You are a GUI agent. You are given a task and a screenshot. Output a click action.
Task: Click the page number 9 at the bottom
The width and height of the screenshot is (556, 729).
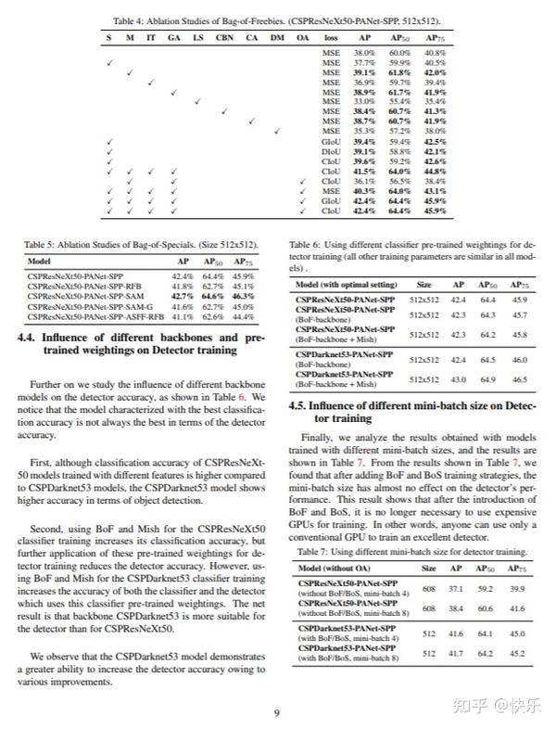[x=276, y=712]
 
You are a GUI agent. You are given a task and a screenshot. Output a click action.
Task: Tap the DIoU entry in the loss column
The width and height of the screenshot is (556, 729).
[x=331, y=151]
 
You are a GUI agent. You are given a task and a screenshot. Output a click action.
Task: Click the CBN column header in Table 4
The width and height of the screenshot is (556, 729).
[x=223, y=37]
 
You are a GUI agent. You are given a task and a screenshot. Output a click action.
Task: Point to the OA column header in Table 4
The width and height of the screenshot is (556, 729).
[x=303, y=37]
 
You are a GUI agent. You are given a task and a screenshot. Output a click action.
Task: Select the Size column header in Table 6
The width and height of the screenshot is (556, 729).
[x=423, y=285]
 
